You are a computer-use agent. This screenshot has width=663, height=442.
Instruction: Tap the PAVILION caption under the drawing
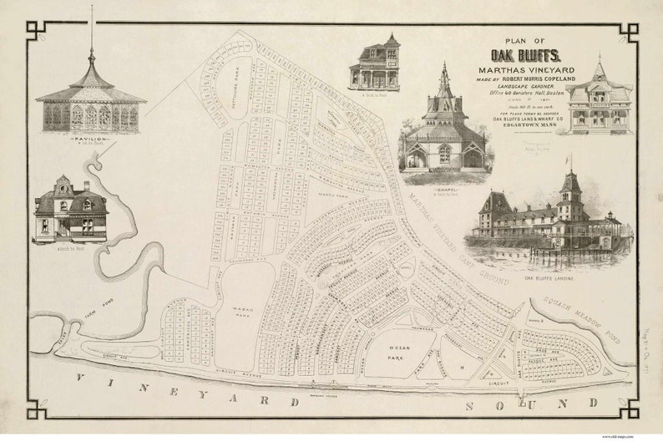click(x=89, y=140)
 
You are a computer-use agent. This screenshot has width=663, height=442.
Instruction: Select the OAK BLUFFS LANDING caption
click(x=551, y=277)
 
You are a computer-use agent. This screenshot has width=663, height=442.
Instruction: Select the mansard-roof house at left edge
click(x=70, y=211)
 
